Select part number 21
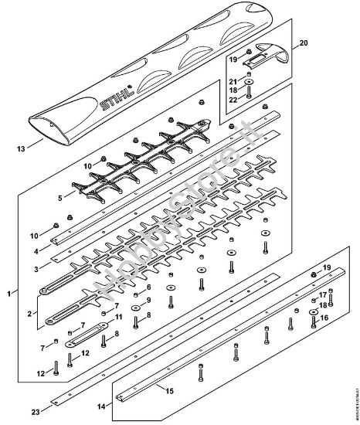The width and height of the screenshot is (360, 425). [233, 81]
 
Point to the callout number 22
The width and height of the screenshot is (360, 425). [233, 100]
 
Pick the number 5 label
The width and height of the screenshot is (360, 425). [49, 197]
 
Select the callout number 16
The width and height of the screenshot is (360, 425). [324, 317]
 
